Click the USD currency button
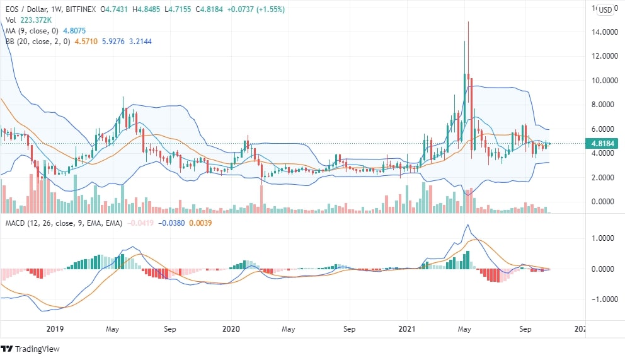605,9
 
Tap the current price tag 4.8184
603,143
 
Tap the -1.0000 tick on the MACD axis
602,299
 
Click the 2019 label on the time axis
55,329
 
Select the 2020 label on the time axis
232,329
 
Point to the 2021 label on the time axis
408,329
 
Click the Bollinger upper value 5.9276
106,41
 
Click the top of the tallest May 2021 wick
468,21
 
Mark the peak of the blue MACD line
467,225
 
